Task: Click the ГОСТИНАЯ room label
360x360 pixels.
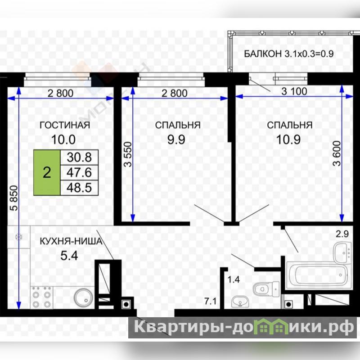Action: (x=65, y=125)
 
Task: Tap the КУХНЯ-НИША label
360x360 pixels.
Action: (x=71, y=241)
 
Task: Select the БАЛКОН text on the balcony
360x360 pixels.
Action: (x=263, y=54)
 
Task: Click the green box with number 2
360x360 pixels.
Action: (x=47, y=173)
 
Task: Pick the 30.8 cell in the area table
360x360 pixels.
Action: (x=79, y=157)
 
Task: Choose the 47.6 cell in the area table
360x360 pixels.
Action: (x=79, y=172)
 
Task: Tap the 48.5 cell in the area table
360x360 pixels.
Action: (x=79, y=188)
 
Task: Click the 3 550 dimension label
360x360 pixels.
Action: (x=128, y=154)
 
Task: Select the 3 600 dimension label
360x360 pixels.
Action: (x=337, y=153)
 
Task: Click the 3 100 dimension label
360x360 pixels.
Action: (x=294, y=91)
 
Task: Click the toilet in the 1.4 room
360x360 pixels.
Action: (x=266, y=289)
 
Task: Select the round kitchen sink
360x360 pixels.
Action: (x=84, y=297)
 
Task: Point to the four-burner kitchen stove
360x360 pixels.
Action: (x=41, y=297)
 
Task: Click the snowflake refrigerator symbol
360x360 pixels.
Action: (x=18, y=237)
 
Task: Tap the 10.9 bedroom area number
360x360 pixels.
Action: (x=288, y=139)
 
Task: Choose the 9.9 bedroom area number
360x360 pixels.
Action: (x=176, y=139)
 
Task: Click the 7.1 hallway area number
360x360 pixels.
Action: (x=211, y=301)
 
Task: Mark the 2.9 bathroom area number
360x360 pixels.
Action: (x=342, y=234)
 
